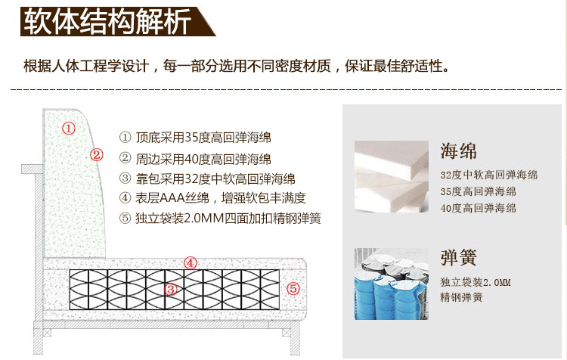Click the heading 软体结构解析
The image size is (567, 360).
[107, 21]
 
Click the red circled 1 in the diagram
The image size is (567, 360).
[69, 128]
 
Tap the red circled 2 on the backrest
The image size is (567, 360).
[97, 155]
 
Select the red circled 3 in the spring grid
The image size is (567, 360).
[171, 289]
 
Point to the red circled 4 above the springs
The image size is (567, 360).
[191, 263]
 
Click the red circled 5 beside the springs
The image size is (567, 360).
[293, 288]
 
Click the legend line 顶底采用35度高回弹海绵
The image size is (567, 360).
[195, 138]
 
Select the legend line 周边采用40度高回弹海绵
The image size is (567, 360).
[195, 159]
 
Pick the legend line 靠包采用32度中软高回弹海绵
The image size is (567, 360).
[207, 178]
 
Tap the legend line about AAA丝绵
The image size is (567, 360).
[212, 197]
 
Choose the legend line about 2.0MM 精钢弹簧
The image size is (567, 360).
[220, 218]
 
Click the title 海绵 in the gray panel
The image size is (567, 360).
[459, 151]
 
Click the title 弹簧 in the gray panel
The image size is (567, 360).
[459, 257]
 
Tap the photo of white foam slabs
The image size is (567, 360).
[392, 176]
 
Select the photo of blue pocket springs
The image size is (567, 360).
[392, 284]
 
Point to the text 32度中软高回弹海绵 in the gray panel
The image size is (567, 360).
[489, 175]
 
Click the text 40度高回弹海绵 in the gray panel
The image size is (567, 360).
[478, 208]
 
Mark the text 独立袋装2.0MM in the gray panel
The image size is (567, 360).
[476, 282]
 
